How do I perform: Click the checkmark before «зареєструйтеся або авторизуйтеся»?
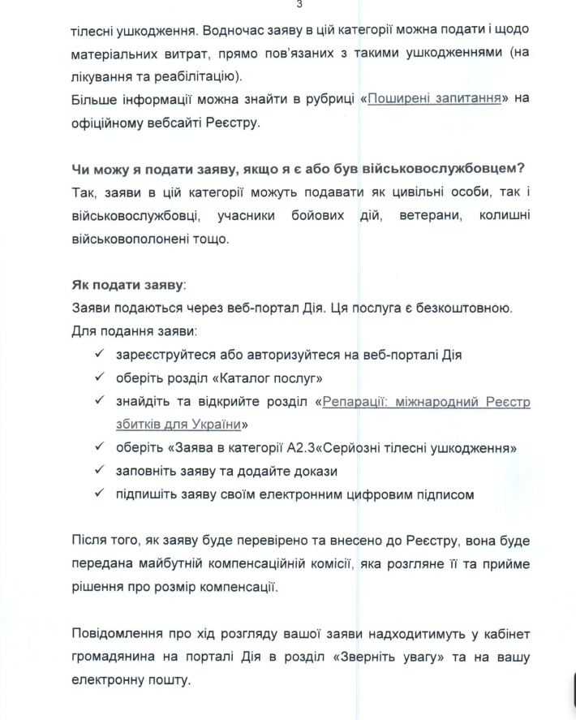pos(99,356)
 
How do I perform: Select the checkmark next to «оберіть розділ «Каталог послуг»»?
pos(99,378)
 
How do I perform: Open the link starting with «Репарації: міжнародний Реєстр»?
pos(427,401)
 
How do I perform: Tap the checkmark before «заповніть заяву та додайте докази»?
pos(99,472)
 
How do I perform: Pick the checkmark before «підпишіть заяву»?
pos(99,494)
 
